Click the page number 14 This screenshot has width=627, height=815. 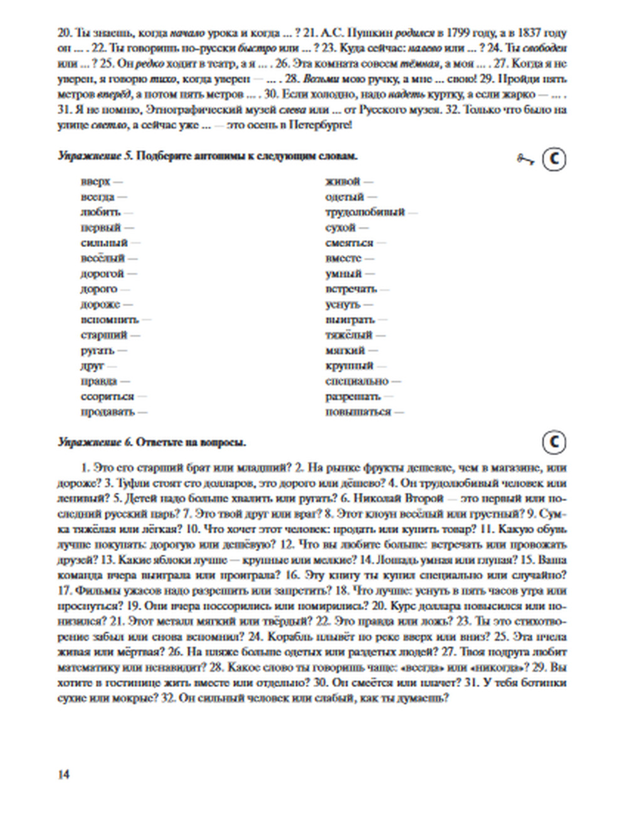point(63,774)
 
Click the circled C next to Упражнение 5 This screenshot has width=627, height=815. point(554,159)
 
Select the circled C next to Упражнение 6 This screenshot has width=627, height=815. point(554,442)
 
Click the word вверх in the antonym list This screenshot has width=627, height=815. point(95,182)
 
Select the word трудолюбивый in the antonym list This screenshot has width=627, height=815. point(365,213)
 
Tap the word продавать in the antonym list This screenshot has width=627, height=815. point(107,412)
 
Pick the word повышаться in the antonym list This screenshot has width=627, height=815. point(358,412)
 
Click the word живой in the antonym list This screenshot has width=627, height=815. point(343,182)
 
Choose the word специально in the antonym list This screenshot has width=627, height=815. point(357,381)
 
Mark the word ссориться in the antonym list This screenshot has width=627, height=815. point(107,397)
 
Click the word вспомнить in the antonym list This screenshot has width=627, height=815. point(109,320)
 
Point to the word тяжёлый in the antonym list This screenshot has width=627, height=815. point(349,335)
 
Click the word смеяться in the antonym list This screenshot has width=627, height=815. point(349,243)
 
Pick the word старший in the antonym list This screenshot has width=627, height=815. point(103,335)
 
